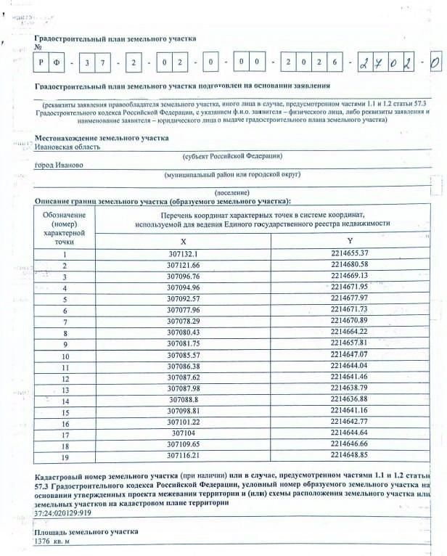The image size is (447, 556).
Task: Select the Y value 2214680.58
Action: (x=349, y=265)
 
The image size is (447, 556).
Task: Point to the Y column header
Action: (x=349, y=240)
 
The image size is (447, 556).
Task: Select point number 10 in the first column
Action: (x=65, y=356)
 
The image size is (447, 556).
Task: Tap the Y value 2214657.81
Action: (x=349, y=344)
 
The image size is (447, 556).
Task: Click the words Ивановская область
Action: (x=67, y=146)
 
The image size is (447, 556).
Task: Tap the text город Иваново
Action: (x=59, y=165)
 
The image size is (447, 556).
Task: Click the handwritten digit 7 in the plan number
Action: (x=379, y=63)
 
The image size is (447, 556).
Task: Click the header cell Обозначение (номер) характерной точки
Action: (x=65, y=228)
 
